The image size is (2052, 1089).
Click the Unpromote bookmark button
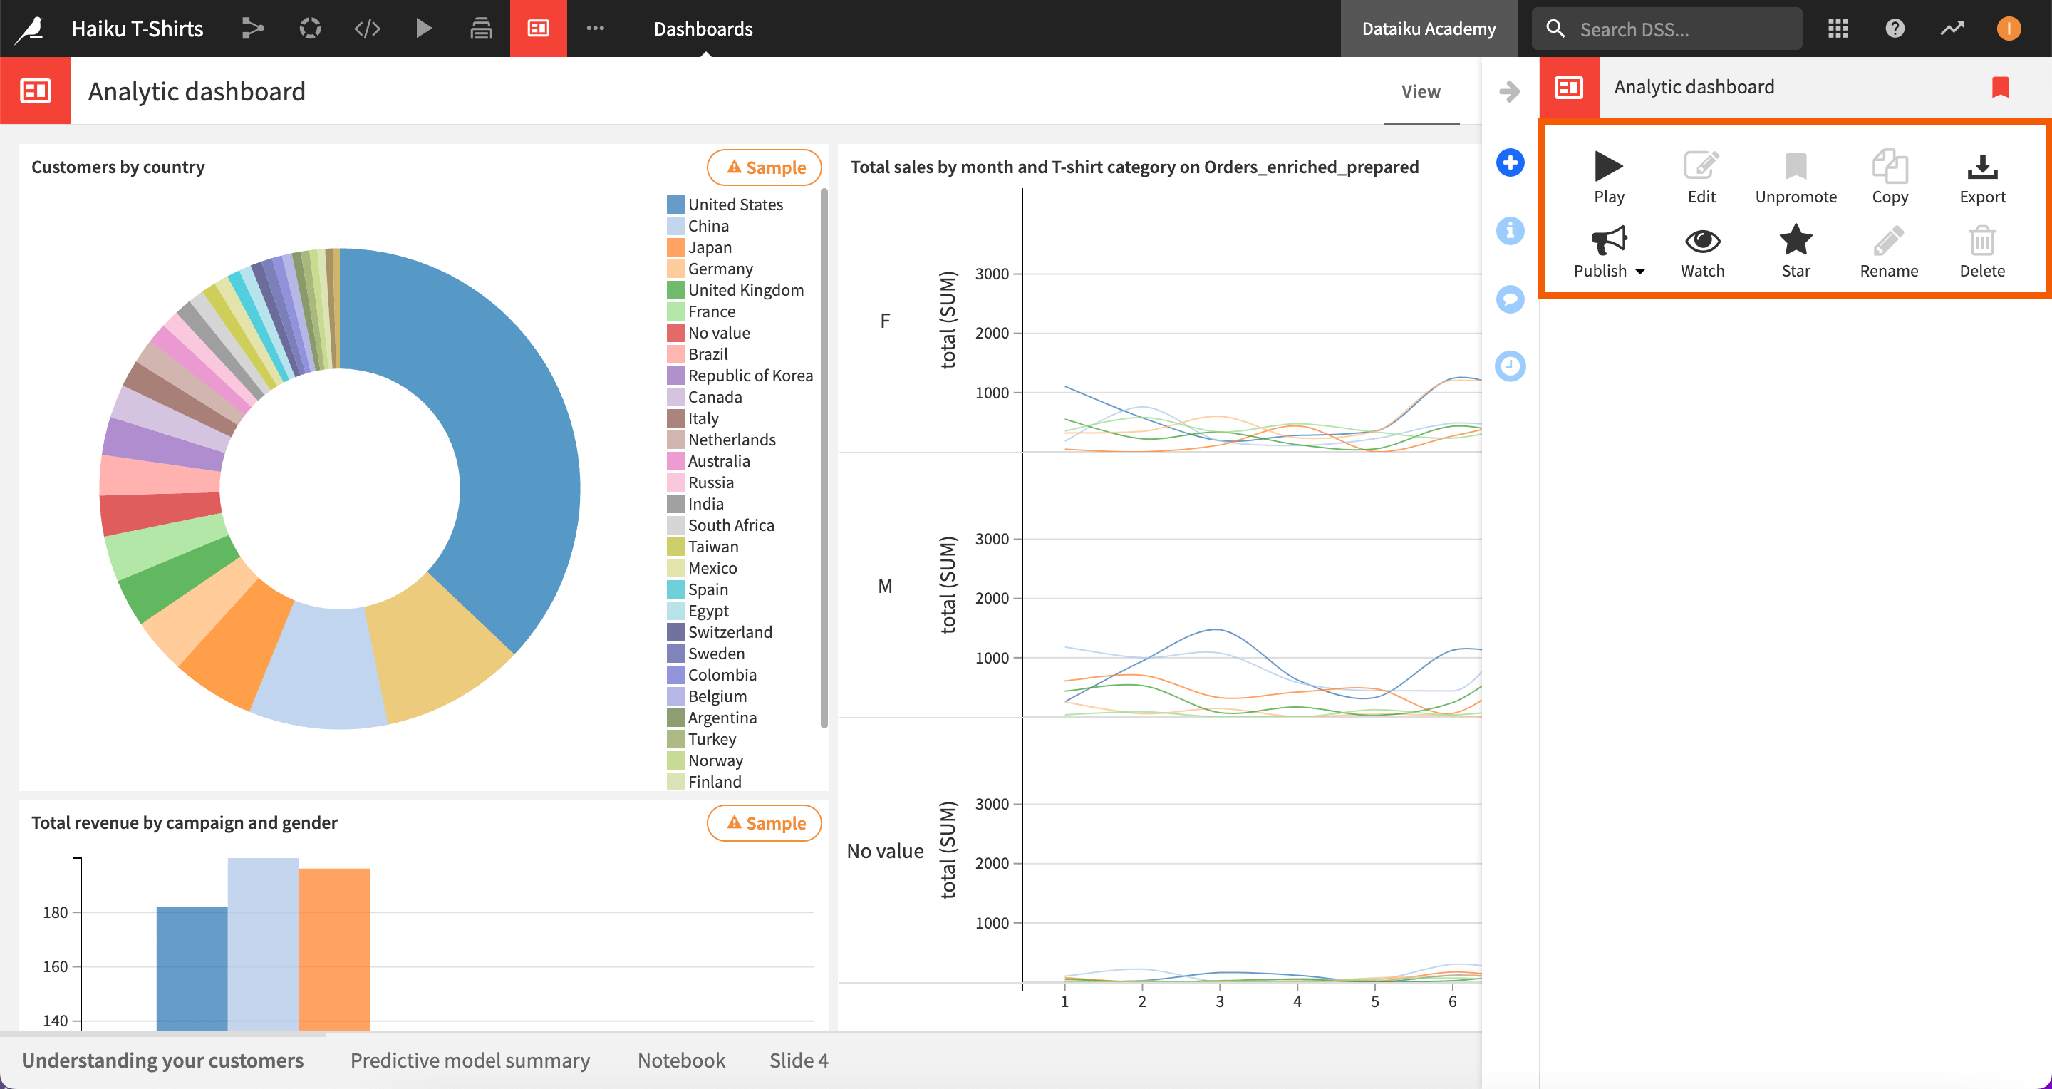click(1795, 177)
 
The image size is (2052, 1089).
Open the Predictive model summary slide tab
click(470, 1060)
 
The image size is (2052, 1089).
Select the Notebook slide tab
click(681, 1060)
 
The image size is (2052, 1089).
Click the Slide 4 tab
click(798, 1060)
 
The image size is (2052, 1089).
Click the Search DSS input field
click(1681, 29)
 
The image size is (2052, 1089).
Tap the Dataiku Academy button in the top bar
click(1429, 29)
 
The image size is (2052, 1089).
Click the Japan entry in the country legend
click(709, 247)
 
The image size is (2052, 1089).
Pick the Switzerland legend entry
click(730, 631)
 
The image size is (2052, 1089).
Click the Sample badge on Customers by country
click(765, 167)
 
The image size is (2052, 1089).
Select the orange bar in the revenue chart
click(335, 948)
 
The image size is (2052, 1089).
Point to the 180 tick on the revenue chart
click(56, 912)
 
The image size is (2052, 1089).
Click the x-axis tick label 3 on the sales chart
click(1220, 1001)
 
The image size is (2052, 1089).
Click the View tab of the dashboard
click(1420, 92)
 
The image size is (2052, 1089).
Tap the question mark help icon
click(1895, 29)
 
